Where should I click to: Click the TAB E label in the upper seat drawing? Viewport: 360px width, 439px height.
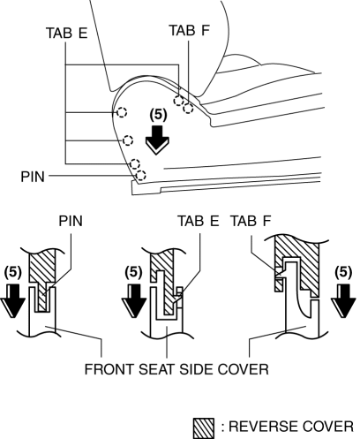(67, 33)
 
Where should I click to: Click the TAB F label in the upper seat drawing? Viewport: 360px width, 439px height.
(190, 30)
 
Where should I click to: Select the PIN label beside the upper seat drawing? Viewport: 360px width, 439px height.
(33, 177)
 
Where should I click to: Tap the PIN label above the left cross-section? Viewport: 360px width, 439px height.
(71, 221)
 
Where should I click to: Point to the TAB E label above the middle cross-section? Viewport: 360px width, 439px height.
(199, 221)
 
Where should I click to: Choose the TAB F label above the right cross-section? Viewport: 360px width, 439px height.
(251, 221)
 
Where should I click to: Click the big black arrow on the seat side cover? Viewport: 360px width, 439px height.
(157, 140)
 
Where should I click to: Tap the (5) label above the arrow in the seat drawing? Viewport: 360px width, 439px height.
(158, 115)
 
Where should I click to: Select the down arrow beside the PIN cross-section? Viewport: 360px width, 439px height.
(12, 300)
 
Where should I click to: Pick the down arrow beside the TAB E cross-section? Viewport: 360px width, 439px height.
(134, 300)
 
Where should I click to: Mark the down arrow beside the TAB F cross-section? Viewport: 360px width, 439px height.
(343, 300)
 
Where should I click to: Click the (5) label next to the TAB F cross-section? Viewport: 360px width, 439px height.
(343, 272)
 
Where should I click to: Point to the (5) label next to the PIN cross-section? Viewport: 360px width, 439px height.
(13, 272)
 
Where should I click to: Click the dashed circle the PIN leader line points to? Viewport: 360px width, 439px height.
(140, 175)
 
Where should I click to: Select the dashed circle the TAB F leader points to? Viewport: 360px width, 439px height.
(188, 108)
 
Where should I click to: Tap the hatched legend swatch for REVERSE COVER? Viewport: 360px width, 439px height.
(204, 428)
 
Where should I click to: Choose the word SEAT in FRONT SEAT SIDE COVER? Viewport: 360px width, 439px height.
(157, 369)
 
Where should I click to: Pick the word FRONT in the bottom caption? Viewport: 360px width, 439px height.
(109, 369)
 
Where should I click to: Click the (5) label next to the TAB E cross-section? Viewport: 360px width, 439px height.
(134, 272)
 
